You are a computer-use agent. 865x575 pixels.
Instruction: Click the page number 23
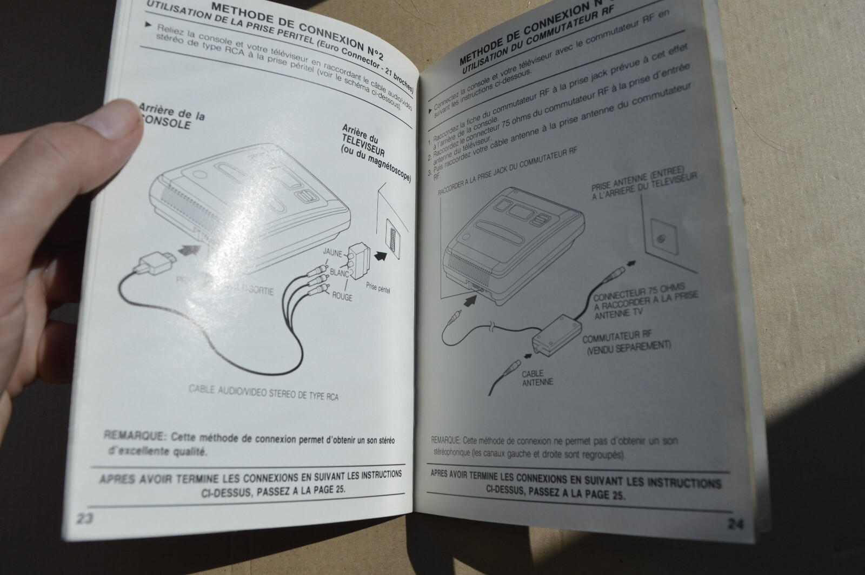[85, 518]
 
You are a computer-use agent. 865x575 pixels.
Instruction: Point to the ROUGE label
[342, 297]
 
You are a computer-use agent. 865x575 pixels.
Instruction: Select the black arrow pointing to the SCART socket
[382, 256]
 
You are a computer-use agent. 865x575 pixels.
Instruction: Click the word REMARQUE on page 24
[445, 440]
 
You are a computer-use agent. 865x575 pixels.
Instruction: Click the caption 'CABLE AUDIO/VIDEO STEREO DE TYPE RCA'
[264, 393]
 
